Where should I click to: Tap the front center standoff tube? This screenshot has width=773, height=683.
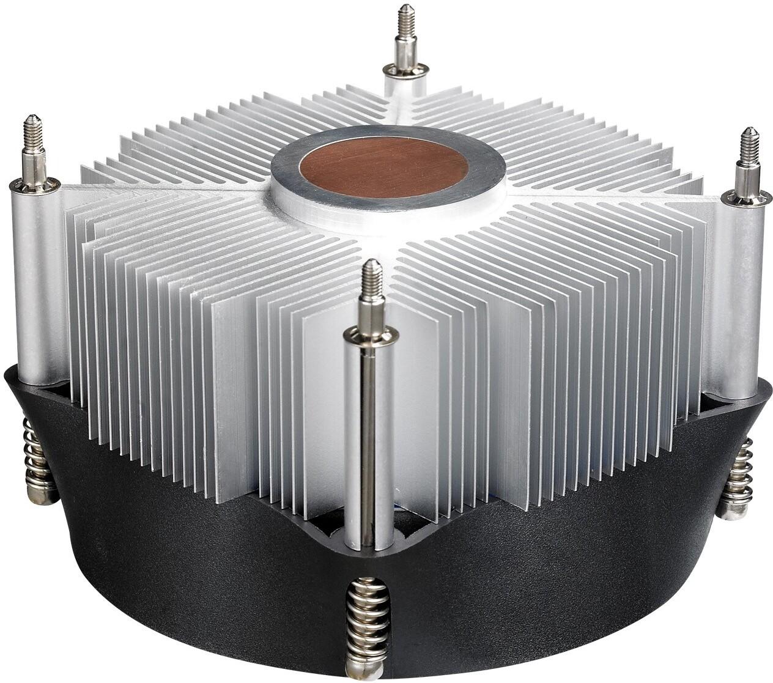(x=367, y=440)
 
